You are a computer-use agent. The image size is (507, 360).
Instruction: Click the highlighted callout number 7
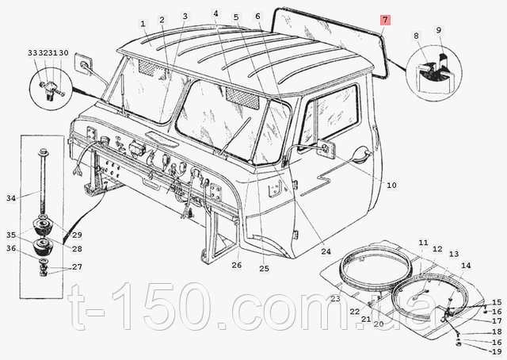(x=385, y=20)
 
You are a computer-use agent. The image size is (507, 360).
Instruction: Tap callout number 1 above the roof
(x=143, y=24)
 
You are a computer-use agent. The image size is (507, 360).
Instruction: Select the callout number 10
(x=391, y=186)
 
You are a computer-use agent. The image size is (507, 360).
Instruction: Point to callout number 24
(x=326, y=251)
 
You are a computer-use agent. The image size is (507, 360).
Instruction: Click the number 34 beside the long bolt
(x=11, y=198)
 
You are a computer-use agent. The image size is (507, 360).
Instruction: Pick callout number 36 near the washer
(x=11, y=249)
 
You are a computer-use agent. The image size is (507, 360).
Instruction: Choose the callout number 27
(x=77, y=267)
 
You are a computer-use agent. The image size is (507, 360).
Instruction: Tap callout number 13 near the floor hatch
(x=454, y=254)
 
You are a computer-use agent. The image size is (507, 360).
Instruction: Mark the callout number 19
(x=497, y=352)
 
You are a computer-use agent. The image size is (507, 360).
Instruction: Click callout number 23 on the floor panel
(x=335, y=298)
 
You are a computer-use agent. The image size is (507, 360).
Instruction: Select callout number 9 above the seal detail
(x=438, y=30)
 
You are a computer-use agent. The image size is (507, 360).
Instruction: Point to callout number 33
(x=32, y=53)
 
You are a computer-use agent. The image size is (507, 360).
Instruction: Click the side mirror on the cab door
(x=326, y=147)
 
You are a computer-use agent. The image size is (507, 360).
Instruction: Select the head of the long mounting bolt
(x=43, y=151)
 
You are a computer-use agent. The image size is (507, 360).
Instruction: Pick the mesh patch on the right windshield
(x=242, y=99)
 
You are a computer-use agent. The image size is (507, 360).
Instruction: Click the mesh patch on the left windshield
(x=148, y=67)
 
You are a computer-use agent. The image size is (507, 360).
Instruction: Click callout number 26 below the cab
(x=236, y=265)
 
